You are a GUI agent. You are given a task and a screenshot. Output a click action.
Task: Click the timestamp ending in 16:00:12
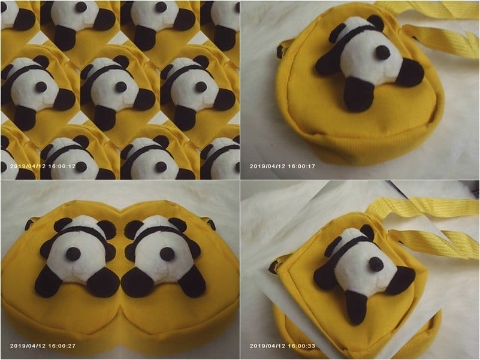pos(43,167)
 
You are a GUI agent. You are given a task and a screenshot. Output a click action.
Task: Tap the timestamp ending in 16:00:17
pos(282,167)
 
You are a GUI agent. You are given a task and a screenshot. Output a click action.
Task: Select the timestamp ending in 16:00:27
pos(43,346)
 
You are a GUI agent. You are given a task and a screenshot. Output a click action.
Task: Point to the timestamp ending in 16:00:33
pos(282,346)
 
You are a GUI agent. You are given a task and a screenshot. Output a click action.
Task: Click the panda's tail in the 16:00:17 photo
pos(383,52)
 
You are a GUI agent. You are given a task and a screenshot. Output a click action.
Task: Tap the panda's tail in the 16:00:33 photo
pos(376,264)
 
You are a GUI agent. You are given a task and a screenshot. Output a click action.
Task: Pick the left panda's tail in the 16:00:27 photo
pos(73,254)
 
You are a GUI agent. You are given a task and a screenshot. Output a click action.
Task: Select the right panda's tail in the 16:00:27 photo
pos(167,254)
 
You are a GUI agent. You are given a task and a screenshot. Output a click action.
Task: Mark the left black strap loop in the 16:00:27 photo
pos(30,223)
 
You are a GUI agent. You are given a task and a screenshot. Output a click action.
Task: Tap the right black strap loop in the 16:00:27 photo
pos(211,224)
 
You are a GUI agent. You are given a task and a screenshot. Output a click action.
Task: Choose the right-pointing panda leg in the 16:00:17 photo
pos(409,72)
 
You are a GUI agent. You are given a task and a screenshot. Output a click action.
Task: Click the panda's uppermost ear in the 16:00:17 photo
pos(375,22)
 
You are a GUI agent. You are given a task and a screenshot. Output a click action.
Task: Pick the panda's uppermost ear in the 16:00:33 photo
pos(367,232)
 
